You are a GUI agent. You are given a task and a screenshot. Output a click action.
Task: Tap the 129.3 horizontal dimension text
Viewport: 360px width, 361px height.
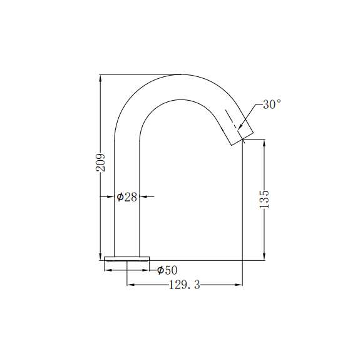pos(185,285)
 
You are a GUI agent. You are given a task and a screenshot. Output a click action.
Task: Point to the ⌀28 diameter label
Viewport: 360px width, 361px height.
pos(127,197)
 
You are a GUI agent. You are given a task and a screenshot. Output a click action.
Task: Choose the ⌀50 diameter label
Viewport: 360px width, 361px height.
pos(167,270)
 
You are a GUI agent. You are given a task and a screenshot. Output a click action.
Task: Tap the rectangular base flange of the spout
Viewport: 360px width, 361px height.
pos(127,258)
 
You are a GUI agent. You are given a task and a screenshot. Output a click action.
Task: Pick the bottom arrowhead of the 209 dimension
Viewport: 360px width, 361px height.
pos(100,255)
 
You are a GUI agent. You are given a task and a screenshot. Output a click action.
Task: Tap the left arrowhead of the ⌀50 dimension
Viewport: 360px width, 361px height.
pos(108,270)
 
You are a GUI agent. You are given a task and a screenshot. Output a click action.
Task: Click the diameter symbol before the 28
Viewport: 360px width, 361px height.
pos(120,197)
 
